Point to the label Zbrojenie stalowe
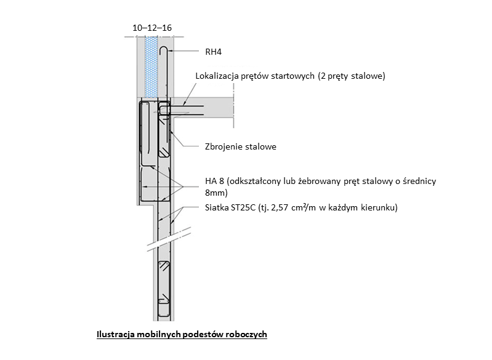point(240,147)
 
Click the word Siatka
point(217,207)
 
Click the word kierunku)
point(379,207)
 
